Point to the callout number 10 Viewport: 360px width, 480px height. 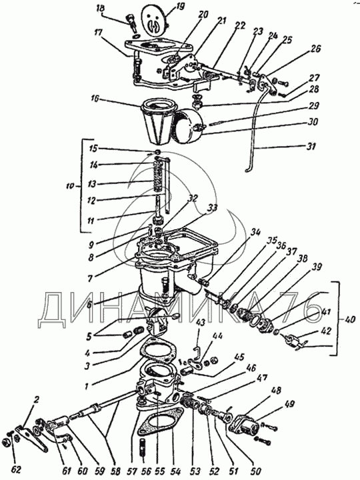(x=71, y=186)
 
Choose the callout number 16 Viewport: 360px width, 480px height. (x=95, y=99)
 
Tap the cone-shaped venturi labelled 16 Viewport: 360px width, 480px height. (x=159, y=123)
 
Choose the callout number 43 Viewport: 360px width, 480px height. (x=201, y=323)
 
